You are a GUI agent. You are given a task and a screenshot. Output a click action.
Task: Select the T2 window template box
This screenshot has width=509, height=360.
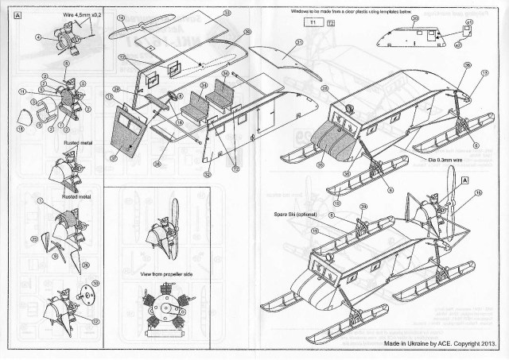(x=331, y=23)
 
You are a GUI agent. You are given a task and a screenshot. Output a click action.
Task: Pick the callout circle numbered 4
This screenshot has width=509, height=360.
(x=38, y=37)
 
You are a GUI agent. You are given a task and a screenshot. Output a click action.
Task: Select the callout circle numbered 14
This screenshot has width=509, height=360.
(x=121, y=17)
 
